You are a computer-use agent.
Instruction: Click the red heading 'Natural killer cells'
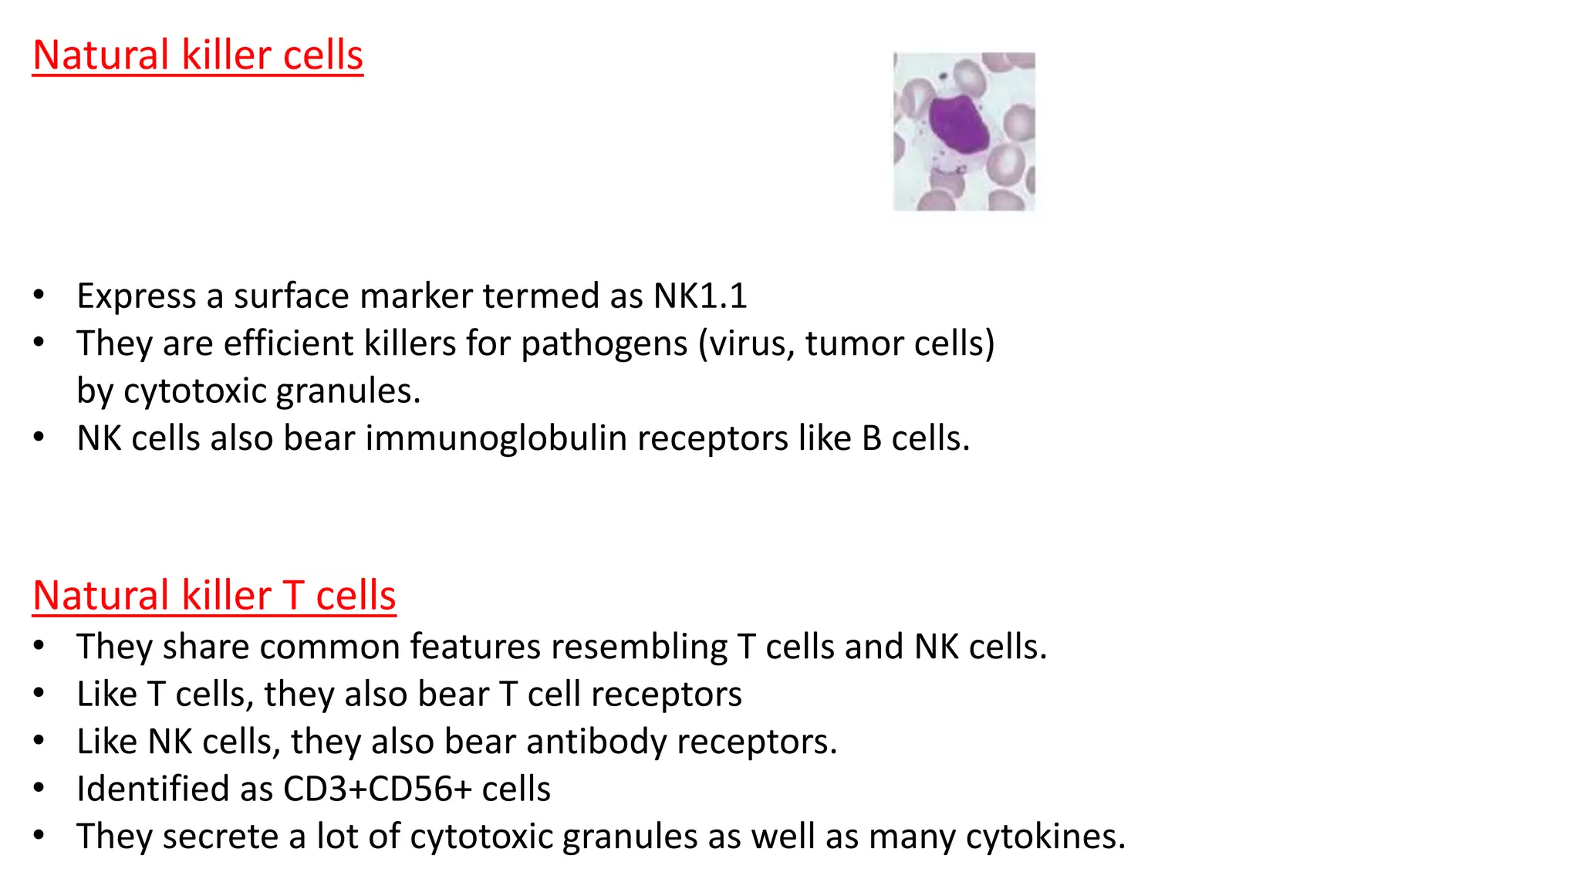click(x=197, y=56)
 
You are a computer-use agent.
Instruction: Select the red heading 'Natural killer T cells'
click(x=214, y=596)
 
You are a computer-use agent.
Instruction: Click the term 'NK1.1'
click(x=700, y=296)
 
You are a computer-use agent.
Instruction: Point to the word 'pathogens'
click(x=604, y=343)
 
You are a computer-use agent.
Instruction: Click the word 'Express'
click(x=137, y=296)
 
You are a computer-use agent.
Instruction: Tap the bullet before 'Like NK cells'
click(x=39, y=741)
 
